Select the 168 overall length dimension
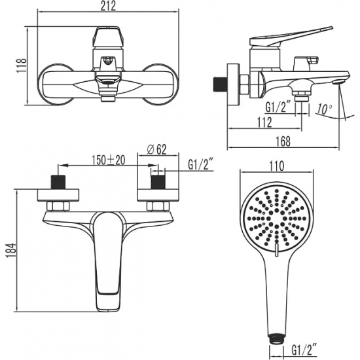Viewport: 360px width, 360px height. (x=283, y=139)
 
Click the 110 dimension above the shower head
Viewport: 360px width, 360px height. (x=278, y=167)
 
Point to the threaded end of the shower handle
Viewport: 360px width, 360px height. (x=278, y=338)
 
